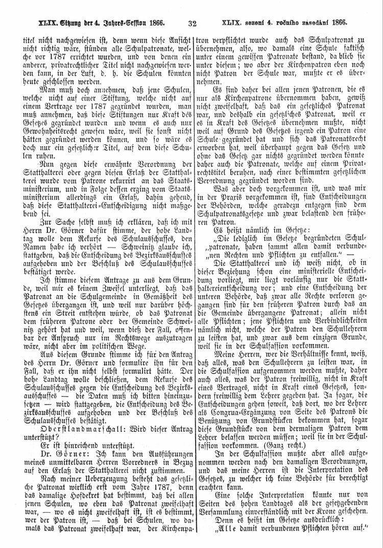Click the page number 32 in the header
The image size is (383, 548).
pyautogui.click(x=193, y=23)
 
